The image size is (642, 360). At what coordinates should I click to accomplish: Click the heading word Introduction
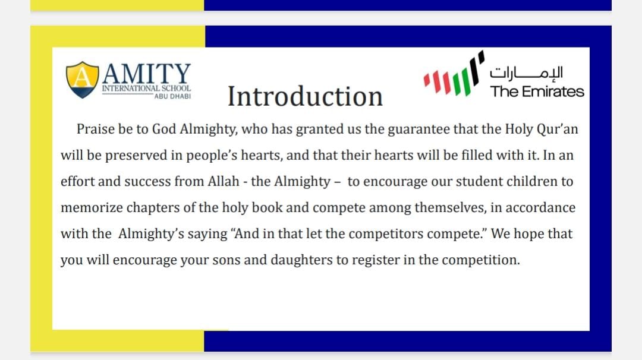pyautogui.click(x=305, y=97)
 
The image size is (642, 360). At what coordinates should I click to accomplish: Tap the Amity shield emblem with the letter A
pyautogui.click(x=82, y=80)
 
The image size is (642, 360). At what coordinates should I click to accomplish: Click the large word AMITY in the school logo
pyautogui.click(x=147, y=74)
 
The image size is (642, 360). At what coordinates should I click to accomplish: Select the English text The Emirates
pyautogui.click(x=537, y=91)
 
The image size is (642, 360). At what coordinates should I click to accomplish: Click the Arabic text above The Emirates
pyautogui.click(x=526, y=73)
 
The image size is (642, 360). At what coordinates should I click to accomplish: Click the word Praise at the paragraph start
pyautogui.click(x=94, y=130)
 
